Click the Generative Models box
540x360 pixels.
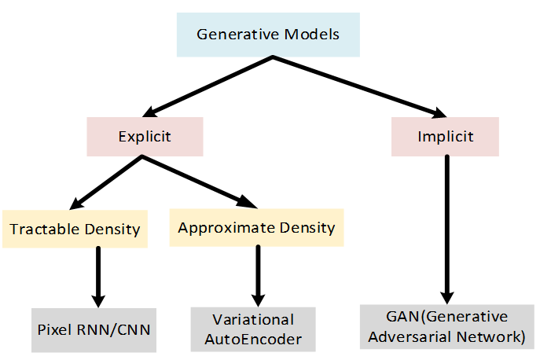(x=267, y=35)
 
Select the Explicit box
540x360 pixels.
(x=145, y=137)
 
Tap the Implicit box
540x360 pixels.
(x=445, y=136)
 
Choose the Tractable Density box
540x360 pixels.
(x=75, y=229)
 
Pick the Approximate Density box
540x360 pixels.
(x=256, y=228)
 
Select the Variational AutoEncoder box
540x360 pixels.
(x=253, y=329)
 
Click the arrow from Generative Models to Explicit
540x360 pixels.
(x=209, y=86)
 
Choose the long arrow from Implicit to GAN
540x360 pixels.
(x=446, y=228)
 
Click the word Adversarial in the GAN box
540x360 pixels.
(x=421, y=336)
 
